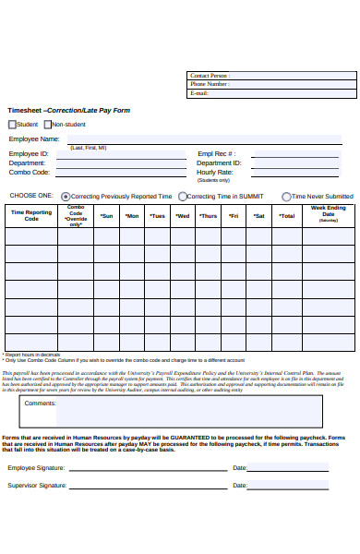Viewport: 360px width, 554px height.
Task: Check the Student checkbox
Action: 12,124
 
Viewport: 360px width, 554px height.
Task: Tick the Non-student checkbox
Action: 47,124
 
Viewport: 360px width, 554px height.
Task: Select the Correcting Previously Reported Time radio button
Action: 66,197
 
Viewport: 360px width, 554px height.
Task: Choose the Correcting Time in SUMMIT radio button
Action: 183,197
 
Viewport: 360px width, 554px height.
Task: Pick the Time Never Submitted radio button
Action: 287,197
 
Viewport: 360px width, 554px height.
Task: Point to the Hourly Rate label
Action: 214,172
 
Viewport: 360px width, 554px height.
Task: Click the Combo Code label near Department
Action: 29,172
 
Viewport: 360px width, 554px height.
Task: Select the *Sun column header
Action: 106,216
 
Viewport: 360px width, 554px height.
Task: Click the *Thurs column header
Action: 209,216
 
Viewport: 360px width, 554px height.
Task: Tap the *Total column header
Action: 287,216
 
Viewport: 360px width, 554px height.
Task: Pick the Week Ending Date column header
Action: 328,214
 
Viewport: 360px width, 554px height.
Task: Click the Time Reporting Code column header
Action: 31,215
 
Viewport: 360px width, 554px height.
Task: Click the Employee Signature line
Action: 148,468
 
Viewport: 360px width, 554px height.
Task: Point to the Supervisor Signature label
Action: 37,485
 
